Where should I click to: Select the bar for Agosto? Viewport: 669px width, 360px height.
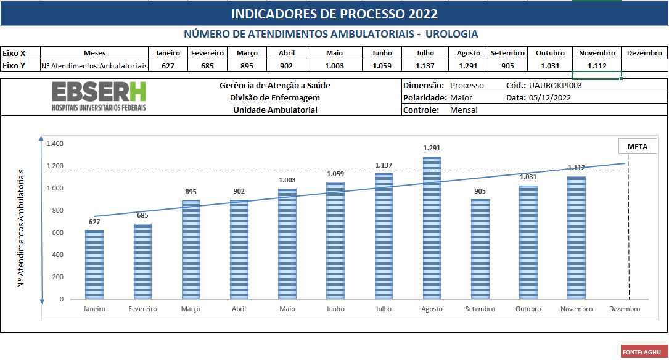pos(432,228)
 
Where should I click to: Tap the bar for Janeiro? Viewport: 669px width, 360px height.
pos(94,264)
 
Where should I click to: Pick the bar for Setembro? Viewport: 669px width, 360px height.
pos(480,249)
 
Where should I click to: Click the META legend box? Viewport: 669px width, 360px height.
pos(638,147)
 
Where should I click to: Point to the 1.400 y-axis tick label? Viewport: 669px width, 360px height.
pos(55,144)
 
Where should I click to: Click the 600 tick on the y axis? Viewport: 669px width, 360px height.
pos(57,232)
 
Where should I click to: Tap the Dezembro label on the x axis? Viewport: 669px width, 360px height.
pos(624,309)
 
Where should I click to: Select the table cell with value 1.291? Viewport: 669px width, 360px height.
pos(468,66)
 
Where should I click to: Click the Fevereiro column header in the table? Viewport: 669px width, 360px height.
pos(207,53)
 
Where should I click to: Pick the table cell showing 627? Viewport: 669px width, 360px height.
pos(168,66)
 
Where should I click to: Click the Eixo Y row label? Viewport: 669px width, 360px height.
pos(14,65)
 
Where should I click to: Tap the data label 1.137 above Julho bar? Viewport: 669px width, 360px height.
pos(384,165)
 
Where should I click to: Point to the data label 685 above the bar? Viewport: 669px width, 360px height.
pos(142,215)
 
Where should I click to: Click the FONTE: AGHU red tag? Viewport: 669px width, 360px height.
pos(641,352)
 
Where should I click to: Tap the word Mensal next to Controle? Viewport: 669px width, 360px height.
pos(464,110)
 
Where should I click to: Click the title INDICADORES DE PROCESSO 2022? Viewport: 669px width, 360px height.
pos(334,14)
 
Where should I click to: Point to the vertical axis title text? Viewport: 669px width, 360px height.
pos(21,228)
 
